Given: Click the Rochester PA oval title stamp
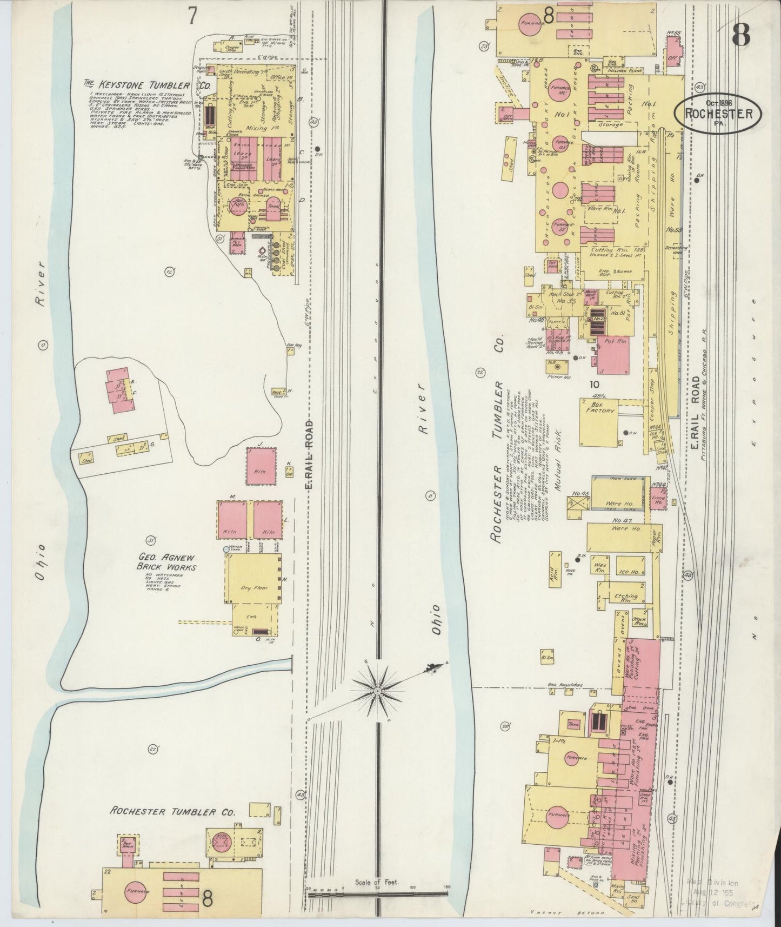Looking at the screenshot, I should pos(718,112).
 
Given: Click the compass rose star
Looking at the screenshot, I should pos(377,691).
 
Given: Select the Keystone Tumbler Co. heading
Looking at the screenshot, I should pos(147,85).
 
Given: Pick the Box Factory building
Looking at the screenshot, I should pos(599,421).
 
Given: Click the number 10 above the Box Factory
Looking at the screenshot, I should pos(595,385).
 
